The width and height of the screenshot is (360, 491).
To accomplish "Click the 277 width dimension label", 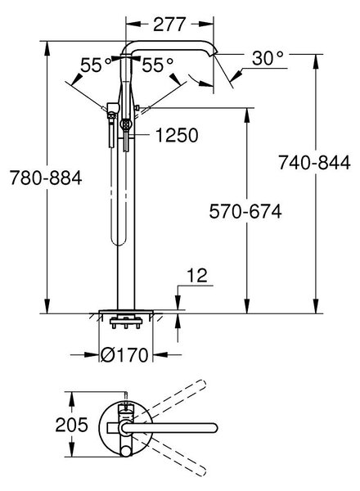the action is point(169,25).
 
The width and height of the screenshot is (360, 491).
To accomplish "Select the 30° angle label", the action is point(268,58).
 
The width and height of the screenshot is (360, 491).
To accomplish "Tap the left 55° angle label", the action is point(96,65).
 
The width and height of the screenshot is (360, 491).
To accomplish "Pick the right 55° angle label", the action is point(157,65).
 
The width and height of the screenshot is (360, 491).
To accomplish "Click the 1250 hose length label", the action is point(177,136).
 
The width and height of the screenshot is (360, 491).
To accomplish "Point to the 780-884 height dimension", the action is point(46,178).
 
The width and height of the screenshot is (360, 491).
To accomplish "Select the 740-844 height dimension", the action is point(315,163).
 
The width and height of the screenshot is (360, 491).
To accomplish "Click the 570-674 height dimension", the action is point(245,211).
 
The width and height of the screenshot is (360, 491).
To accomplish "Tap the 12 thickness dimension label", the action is point(196,276).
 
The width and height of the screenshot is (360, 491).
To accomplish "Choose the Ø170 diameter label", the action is point(124,355).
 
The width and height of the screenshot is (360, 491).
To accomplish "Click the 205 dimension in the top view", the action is point(72,425).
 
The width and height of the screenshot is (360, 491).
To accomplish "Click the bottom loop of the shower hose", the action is point(118,241).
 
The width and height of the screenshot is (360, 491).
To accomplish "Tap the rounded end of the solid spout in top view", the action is point(213,428).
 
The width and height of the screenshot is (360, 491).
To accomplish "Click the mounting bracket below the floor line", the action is point(126,322).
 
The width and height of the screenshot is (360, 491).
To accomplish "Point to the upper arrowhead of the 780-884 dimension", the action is point(47,48).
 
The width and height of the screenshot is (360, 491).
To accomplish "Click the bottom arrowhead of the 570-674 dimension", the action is point(247,305).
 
